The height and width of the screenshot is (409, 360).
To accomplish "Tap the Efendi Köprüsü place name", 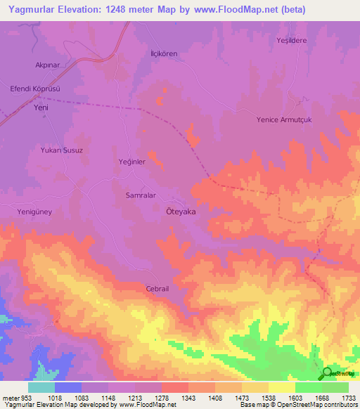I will click(41, 90).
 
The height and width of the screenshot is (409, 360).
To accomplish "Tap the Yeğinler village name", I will click(131, 162).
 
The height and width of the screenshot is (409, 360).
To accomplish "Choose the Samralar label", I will click(140, 195).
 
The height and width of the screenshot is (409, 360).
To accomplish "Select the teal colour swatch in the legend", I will click(41, 387).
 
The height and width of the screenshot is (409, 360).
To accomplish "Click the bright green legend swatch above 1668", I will click(308, 387).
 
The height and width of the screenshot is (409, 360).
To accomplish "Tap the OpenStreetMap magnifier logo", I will click(328, 373).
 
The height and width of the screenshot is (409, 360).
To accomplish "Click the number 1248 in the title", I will click(117, 10).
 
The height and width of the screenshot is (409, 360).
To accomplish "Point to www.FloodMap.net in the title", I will click(234, 10).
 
